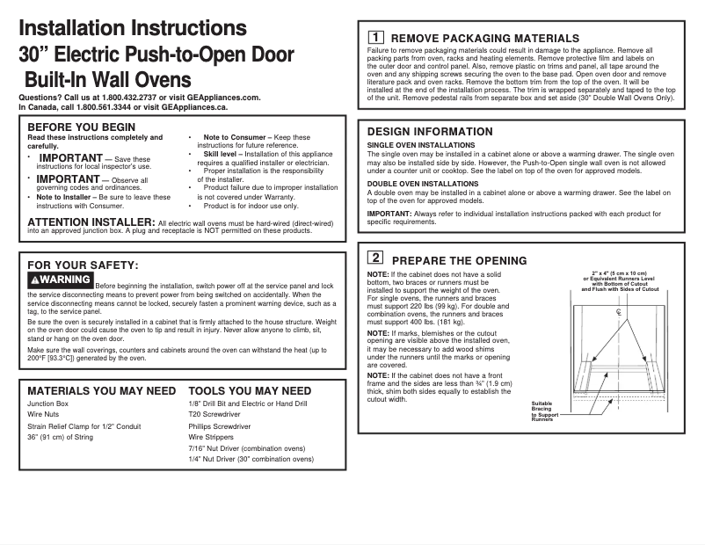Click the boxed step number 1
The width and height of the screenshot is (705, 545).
point(374,38)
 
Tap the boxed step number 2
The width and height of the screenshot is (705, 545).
point(374,258)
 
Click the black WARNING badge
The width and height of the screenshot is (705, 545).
point(60,280)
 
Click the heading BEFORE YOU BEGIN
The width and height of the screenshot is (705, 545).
point(81,127)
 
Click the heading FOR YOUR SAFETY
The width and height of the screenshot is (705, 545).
point(83,264)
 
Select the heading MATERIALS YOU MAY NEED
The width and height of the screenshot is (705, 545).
point(101,390)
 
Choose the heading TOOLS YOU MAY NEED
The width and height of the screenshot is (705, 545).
point(250,390)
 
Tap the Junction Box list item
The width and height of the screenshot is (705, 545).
point(47,403)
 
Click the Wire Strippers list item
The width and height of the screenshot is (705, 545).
point(211,437)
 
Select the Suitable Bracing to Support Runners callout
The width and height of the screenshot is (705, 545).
point(542,411)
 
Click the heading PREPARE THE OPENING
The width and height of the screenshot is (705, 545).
point(459,260)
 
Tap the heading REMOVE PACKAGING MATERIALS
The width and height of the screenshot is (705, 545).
point(484,39)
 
